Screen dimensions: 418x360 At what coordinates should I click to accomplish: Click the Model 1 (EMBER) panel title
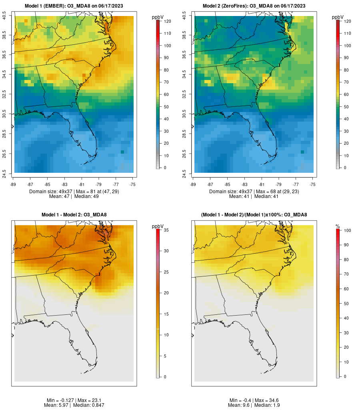click(74, 6)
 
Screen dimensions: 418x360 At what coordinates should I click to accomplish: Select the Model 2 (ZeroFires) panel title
click(254, 6)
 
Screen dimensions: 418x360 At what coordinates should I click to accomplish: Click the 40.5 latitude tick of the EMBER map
click(4, 16)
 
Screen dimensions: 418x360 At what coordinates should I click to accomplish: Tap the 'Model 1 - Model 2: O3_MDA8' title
click(74, 215)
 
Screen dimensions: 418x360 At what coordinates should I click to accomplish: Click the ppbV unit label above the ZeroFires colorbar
click(338, 17)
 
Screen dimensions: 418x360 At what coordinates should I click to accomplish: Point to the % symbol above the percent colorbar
click(338, 226)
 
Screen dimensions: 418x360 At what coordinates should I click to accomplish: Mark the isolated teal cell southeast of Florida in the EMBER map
click(122, 152)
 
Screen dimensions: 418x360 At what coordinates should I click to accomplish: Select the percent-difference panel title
click(254, 215)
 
